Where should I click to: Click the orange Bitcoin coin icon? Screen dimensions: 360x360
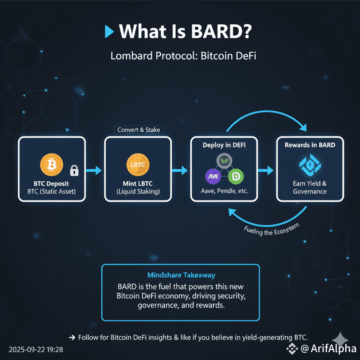pos(51,165)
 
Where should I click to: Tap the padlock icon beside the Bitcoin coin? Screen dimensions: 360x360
pos(74,170)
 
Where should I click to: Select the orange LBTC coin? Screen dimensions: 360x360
pos(138,165)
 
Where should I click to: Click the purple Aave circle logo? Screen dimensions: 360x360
pos(213,177)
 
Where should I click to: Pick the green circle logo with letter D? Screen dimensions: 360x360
pos(236,177)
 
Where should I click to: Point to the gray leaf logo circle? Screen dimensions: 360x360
pos(224,161)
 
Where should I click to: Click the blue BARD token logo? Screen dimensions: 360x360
pos(310,165)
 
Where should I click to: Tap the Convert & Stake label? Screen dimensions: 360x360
pos(139,130)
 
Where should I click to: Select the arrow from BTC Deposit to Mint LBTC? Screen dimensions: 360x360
pos(93,170)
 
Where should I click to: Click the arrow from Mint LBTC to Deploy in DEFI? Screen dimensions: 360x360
pos(180,170)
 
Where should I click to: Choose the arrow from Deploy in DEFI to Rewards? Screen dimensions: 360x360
pos(266,170)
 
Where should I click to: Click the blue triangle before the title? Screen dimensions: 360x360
pos(109,31)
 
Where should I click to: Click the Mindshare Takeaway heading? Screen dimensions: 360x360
pos(181,275)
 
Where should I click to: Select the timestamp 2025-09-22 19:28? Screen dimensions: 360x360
pos(36,350)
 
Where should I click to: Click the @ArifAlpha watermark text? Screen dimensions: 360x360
pos(328,349)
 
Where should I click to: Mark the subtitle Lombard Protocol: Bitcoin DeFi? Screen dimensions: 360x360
pos(183,56)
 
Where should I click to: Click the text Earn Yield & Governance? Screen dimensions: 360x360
pos(310,187)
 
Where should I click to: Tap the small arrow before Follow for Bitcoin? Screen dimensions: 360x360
pos(72,337)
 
